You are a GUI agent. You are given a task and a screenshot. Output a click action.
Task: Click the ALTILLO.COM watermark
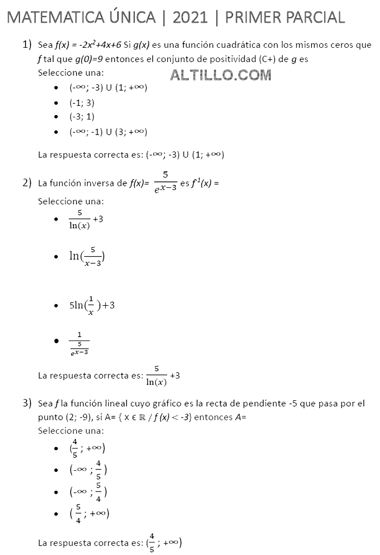click(x=220, y=75)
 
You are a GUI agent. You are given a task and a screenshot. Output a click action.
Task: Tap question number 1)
click(x=28, y=45)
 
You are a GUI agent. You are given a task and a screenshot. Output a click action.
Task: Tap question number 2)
click(x=28, y=182)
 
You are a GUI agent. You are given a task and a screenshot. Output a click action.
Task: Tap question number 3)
click(x=28, y=403)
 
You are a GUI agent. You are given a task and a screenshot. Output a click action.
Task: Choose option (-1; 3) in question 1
click(x=82, y=102)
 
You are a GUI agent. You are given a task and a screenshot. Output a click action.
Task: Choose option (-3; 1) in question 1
click(x=82, y=117)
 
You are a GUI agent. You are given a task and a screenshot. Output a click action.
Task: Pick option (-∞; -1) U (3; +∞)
click(x=108, y=131)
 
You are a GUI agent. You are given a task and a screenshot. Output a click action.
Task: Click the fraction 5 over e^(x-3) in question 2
click(x=165, y=183)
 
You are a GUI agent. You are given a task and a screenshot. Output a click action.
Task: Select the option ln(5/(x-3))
click(x=87, y=256)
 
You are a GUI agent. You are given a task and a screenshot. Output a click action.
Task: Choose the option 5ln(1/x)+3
click(x=92, y=305)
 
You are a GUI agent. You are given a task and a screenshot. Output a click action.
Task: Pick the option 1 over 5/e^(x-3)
click(x=79, y=344)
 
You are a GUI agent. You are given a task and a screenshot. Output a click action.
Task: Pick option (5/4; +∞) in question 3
click(x=89, y=514)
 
